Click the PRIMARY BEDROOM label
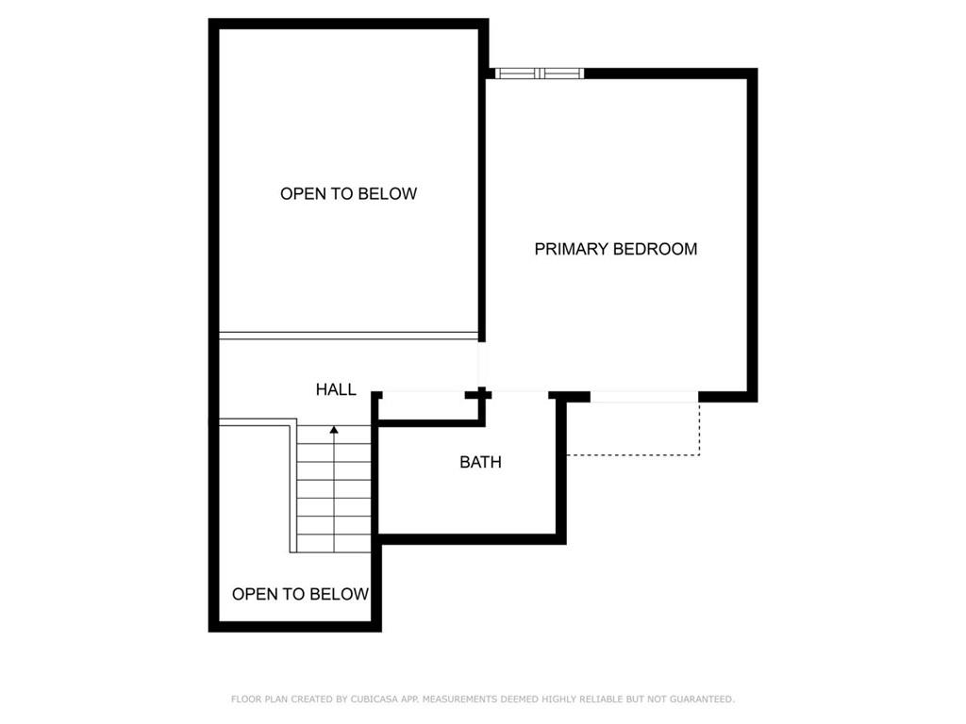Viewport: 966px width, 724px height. tap(615, 249)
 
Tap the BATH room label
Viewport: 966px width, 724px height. tap(480, 462)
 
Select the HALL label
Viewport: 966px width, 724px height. tap(336, 389)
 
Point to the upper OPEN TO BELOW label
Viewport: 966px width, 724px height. tap(349, 194)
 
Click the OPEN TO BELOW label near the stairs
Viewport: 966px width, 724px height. tap(300, 594)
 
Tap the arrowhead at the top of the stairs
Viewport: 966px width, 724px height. tap(334, 430)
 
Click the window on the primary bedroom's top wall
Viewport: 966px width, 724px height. tap(540, 74)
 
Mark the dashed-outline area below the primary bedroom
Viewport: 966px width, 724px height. tap(633, 429)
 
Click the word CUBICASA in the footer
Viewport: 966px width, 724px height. tap(374, 699)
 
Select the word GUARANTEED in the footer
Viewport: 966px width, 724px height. tap(702, 699)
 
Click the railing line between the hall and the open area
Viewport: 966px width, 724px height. tap(349, 336)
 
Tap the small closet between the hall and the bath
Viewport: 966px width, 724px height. tap(429, 407)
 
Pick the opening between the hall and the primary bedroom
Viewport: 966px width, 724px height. tap(481, 365)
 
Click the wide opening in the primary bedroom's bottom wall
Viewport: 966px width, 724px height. tap(644, 397)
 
